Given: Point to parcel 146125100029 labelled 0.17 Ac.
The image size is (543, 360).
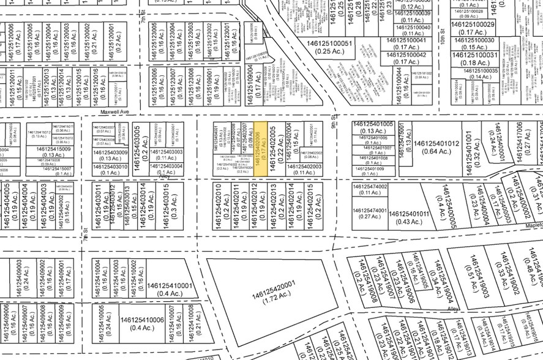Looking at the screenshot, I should tap(473, 28).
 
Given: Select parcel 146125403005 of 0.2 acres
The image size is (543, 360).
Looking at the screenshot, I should tap(141, 141).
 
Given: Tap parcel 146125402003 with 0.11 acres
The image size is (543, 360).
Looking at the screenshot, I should tap(304, 169).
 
